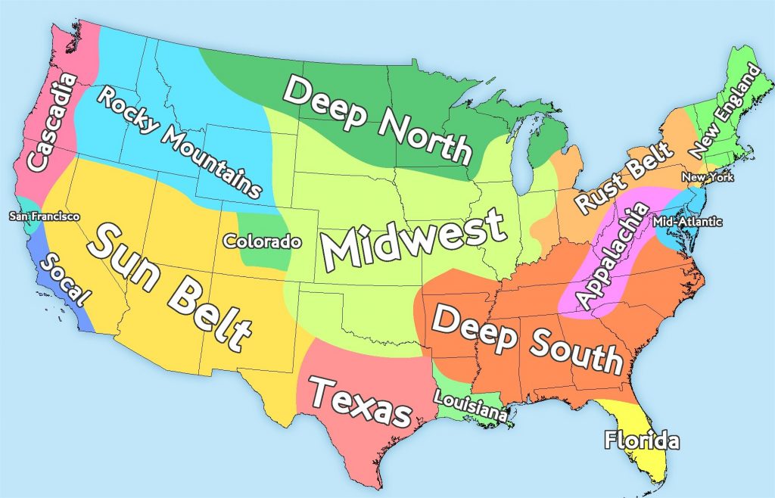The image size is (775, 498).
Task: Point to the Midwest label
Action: click(x=412, y=238)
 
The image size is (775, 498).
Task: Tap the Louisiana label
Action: click(x=471, y=405)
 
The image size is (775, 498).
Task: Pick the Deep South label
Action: click(x=528, y=339)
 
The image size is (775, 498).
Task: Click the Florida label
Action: click(x=642, y=440)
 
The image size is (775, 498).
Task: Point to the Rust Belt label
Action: click(x=623, y=177)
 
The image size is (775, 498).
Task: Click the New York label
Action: click(x=708, y=177)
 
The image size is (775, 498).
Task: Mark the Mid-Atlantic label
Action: click(x=686, y=222)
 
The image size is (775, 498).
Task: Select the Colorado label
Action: click(x=262, y=241)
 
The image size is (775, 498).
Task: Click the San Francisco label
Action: click(x=44, y=216)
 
